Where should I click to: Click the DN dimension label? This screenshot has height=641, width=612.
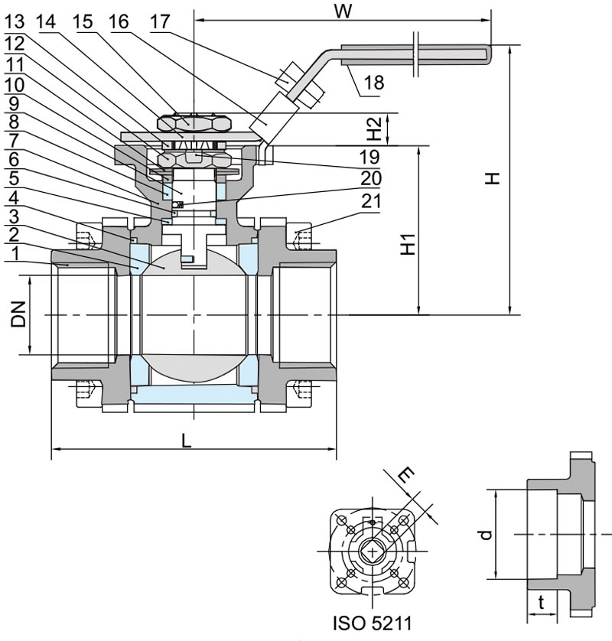19,315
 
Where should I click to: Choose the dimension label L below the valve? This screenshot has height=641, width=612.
187,441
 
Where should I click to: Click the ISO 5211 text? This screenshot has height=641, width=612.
373,623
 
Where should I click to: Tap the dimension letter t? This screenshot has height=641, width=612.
542,604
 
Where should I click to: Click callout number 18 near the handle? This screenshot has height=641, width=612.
374,83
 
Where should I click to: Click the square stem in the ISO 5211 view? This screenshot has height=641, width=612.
373,550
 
